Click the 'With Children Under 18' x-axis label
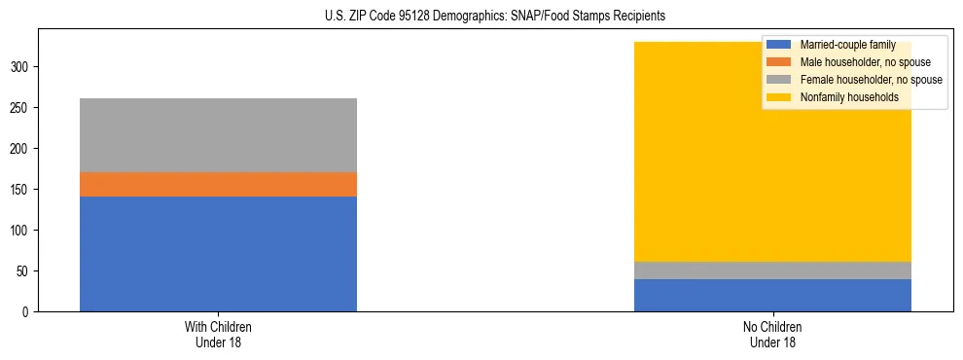(x=218, y=334)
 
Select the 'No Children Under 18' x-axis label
(x=772, y=334)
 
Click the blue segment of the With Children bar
(x=218, y=254)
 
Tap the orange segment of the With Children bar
(x=218, y=185)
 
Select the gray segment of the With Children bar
(x=218, y=135)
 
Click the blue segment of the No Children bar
(x=772, y=296)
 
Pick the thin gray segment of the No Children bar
(x=772, y=270)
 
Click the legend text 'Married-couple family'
(x=845, y=45)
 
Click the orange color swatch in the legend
(x=778, y=62)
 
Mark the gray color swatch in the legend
(x=778, y=80)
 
